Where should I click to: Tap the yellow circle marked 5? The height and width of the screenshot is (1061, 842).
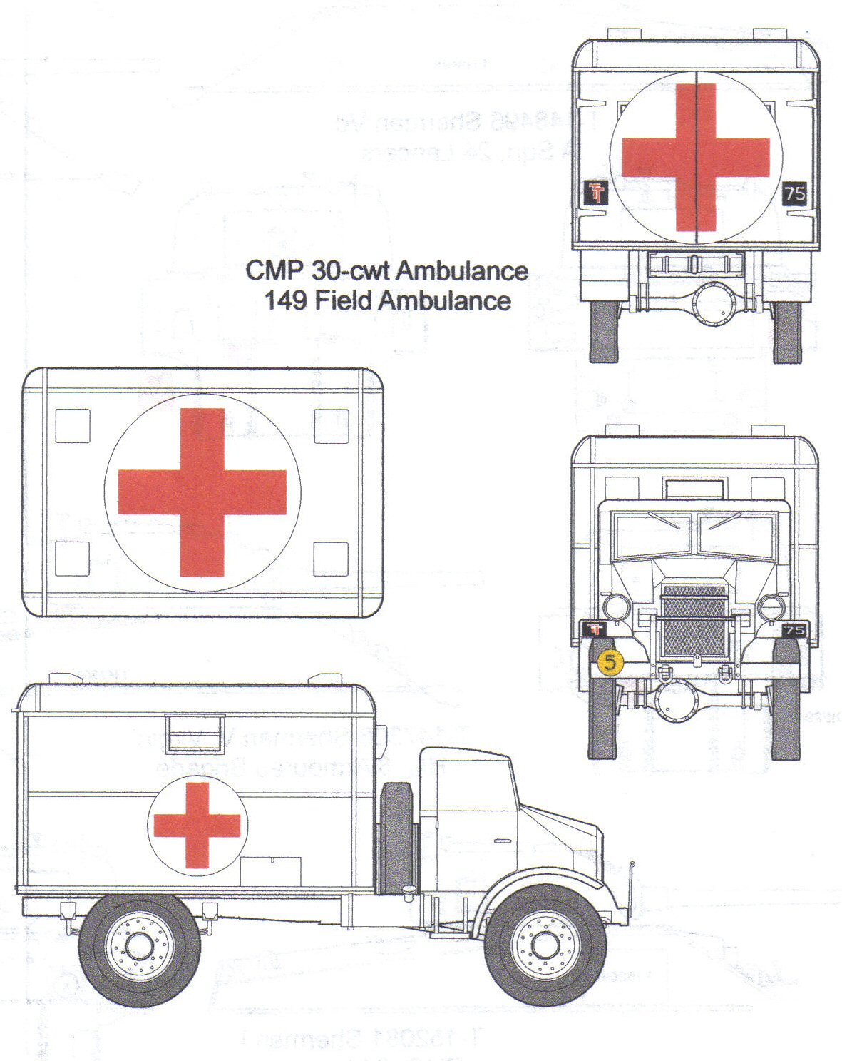click(610, 662)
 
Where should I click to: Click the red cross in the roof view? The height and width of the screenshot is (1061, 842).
click(202, 492)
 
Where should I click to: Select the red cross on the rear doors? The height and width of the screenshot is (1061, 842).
click(695, 157)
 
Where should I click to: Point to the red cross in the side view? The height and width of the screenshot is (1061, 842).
click(197, 825)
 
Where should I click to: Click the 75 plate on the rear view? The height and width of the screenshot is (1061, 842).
click(794, 193)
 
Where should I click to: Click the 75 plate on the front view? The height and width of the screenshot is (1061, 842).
click(794, 630)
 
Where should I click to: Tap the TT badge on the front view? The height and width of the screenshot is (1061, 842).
click(595, 629)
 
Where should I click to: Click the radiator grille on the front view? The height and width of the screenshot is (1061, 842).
click(694, 620)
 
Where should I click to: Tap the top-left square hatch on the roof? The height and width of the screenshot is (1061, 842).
click(73, 426)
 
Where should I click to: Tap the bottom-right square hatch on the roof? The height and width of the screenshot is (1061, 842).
click(332, 559)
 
